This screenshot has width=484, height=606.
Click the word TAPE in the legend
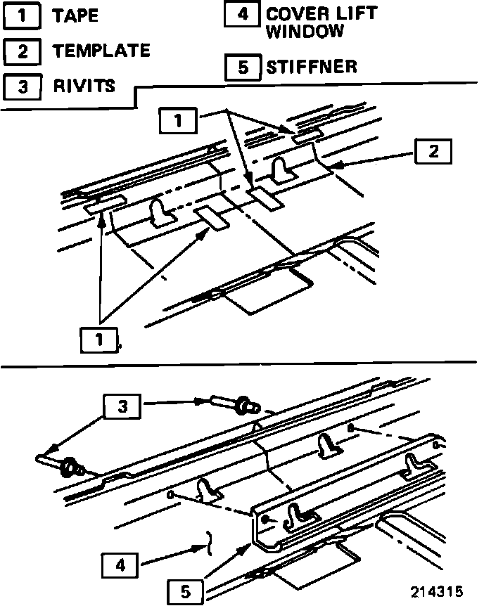[75, 15]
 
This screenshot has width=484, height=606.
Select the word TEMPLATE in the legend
[101, 50]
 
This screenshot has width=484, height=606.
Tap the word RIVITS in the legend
[84, 85]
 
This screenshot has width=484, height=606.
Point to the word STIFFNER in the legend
[312, 67]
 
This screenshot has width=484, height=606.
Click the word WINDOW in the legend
[305, 31]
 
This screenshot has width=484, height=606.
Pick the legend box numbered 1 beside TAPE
[22, 16]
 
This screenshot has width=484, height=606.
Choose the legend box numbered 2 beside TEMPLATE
[22, 51]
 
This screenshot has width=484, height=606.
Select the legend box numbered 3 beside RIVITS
[22, 86]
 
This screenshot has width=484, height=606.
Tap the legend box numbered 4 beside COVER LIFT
[242, 14]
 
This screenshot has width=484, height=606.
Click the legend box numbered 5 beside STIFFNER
[243, 67]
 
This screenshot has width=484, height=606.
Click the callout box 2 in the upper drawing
[433, 151]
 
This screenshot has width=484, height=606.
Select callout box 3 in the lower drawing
[122, 406]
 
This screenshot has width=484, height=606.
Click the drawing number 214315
[437, 591]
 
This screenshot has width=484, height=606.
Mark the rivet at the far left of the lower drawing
[59, 465]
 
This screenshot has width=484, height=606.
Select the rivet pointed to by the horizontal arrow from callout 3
[235, 404]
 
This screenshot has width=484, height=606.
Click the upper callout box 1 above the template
[178, 121]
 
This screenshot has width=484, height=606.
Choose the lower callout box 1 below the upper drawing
[99, 340]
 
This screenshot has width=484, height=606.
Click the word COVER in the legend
[294, 14]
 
